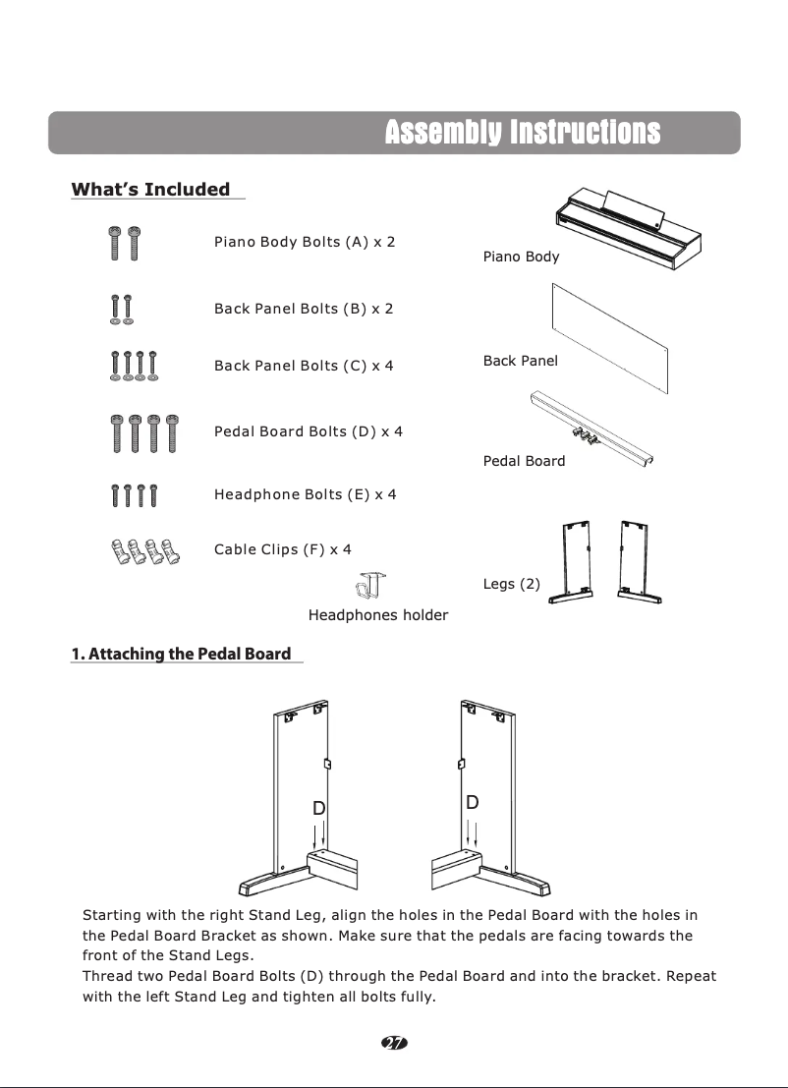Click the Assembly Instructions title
tap(522, 133)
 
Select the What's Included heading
tap(150, 190)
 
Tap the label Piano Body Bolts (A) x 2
tap(305, 242)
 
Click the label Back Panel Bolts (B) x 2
tap(304, 309)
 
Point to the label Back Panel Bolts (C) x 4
tap(304, 366)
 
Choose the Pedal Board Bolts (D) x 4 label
tap(309, 431)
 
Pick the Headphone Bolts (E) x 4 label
tap(305, 494)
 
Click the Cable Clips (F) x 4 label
tap(283, 549)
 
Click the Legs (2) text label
tap(511, 584)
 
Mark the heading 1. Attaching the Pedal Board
tap(181, 655)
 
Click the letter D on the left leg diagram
tap(318, 808)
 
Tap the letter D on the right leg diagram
tap(473, 803)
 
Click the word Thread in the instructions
tap(107, 976)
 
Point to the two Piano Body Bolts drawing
tap(123, 242)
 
